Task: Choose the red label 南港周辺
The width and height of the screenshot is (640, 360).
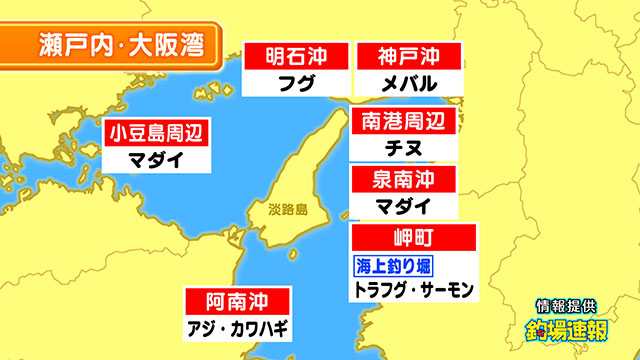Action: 403,123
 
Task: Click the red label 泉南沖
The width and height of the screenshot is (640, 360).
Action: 403,181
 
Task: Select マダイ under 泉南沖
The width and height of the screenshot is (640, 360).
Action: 403,207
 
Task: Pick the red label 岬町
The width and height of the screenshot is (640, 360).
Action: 413,239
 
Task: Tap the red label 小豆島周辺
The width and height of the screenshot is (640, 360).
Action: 157,131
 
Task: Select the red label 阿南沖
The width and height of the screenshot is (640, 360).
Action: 237,301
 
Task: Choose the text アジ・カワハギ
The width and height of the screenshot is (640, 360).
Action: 237,328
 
